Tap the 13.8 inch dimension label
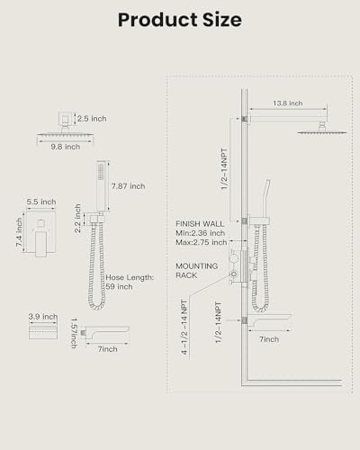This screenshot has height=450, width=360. click(288, 103)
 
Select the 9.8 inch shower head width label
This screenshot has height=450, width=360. click(66, 147)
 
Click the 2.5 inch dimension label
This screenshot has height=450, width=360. click(92, 119)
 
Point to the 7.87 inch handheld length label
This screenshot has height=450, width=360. click(129, 186)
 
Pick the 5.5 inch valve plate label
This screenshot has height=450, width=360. click(41, 202)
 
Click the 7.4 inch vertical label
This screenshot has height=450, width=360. click(19, 232)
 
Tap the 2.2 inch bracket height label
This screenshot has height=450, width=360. click(77, 218)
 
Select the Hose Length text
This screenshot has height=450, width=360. click(130, 277)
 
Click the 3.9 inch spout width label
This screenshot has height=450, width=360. click(43, 317)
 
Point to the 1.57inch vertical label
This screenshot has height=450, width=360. click(74, 333)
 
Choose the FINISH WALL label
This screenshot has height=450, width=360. click(200, 224)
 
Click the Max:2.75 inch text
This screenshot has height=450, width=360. click(202, 242)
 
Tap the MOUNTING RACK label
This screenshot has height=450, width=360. click(196, 271)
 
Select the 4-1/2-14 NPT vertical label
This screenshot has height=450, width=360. click(184, 328)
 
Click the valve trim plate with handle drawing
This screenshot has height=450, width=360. click(40, 234)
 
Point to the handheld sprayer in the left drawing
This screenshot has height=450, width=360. click(103, 186)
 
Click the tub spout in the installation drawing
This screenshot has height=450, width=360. click(269, 320)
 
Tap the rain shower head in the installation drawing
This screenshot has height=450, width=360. click(322, 131)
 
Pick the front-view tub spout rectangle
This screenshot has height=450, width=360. click(43, 332)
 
